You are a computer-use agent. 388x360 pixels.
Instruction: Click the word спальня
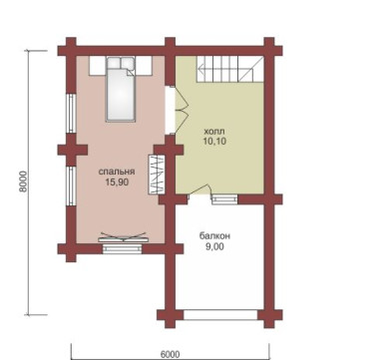tap(117, 172)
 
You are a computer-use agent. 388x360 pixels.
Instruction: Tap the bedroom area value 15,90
tap(117, 181)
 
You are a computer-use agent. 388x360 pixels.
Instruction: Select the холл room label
tap(214, 131)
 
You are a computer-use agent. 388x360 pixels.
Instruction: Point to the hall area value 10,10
tap(214, 141)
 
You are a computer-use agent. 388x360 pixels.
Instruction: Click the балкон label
tap(214, 236)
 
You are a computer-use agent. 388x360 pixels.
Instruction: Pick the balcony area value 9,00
tap(214, 246)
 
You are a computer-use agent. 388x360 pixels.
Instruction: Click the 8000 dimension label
tap(23, 182)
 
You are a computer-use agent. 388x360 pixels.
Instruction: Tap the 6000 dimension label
tap(170, 354)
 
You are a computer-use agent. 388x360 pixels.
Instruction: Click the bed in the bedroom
tap(121, 89)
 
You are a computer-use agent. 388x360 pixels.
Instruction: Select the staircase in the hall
tap(229, 69)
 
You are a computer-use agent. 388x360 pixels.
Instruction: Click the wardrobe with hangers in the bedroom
tap(157, 175)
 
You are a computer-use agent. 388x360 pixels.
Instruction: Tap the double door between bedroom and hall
tap(177, 110)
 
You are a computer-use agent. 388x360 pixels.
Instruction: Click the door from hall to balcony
tap(198, 193)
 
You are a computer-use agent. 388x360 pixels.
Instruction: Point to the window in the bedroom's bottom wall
tap(123, 248)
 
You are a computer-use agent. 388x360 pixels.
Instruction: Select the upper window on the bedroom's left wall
tap(71, 113)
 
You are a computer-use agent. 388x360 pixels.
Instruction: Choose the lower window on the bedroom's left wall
tap(71, 185)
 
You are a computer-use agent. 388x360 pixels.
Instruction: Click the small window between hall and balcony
tap(225, 199)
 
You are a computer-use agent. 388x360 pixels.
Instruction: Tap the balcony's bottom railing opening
tap(220, 315)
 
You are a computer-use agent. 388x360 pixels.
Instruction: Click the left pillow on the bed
tap(114, 63)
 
